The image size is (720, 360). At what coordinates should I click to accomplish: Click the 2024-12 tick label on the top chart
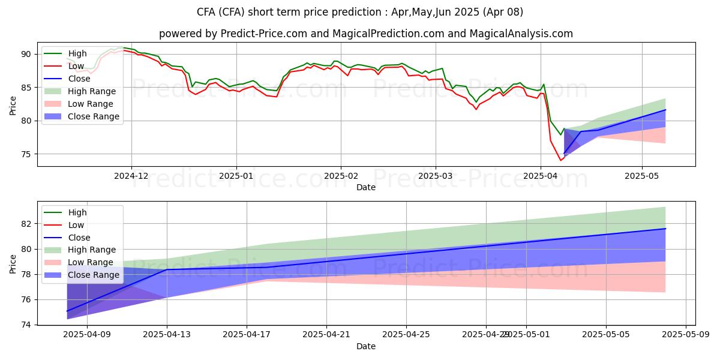131,176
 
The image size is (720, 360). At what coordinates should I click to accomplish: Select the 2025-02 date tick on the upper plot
341,176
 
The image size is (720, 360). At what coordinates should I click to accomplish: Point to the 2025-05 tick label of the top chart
642,176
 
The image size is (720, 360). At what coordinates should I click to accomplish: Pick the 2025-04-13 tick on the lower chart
167,335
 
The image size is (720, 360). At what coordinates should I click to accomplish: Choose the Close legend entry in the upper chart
79,79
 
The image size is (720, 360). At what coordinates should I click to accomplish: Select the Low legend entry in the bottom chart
77,225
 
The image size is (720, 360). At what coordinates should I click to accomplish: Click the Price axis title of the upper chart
13,105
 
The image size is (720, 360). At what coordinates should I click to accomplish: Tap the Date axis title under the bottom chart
366,346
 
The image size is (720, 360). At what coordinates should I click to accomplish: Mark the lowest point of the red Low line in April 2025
561,160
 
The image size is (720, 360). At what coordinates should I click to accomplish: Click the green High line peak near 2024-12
120,47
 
